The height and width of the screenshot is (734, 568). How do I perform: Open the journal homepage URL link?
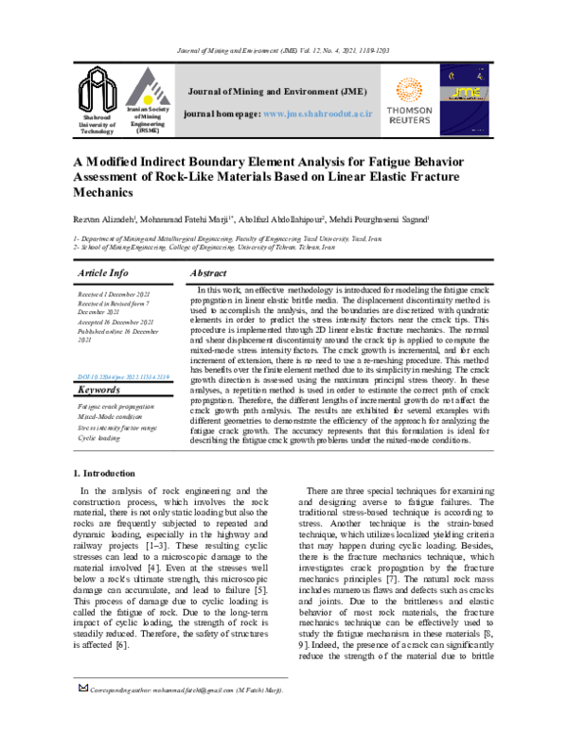click(x=317, y=114)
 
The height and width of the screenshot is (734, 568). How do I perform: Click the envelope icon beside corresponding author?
click(x=81, y=718)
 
